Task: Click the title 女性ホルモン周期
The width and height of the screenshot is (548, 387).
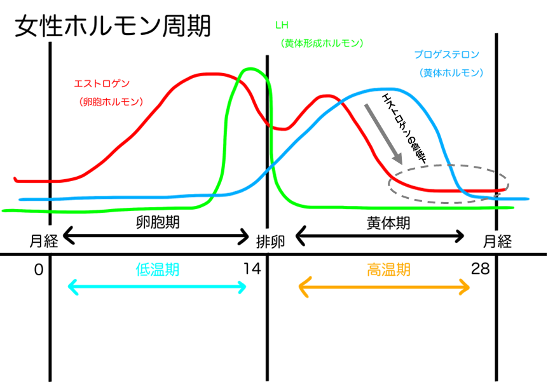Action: pyautogui.click(x=113, y=26)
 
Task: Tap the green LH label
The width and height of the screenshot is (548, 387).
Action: pyautogui.click(x=282, y=25)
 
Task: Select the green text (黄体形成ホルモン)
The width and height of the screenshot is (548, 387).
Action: pyautogui.click(x=322, y=43)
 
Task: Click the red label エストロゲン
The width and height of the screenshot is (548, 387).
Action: pyautogui.click(x=102, y=83)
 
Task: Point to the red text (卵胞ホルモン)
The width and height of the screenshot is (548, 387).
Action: pyautogui.click(x=111, y=102)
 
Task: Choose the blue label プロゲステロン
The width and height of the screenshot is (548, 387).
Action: pyautogui.click(x=447, y=55)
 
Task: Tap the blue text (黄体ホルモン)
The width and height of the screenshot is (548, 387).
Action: pyautogui.click(x=451, y=72)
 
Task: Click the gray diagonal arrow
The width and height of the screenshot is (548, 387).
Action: pyautogui.click(x=383, y=134)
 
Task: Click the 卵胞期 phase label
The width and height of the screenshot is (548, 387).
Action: pyautogui.click(x=158, y=222)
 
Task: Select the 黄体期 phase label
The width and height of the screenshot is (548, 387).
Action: pyautogui.click(x=388, y=223)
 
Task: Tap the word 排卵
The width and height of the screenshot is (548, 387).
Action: pyautogui.click(x=271, y=241)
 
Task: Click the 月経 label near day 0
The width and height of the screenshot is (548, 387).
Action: pyautogui.click(x=44, y=241)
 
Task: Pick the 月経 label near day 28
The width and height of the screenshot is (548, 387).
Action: pyautogui.click(x=497, y=241)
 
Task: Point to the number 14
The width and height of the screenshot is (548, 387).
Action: pyautogui.click(x=252, y=269)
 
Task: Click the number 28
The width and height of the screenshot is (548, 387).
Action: pyautogui.click(x=480, y=269)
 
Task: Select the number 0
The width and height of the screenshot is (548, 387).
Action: pyautogui.click(x=39, y=269)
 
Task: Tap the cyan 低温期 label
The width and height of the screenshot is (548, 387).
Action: pyautogui.click(x=158, y=269)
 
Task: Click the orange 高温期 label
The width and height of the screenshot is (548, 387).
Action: pyautogui.click(x=388, y=270)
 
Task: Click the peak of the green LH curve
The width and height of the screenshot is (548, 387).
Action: pyautogui.click(x=250, y=69)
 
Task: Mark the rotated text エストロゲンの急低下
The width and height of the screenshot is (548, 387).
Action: pyautogui.click(x=405, y=128)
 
